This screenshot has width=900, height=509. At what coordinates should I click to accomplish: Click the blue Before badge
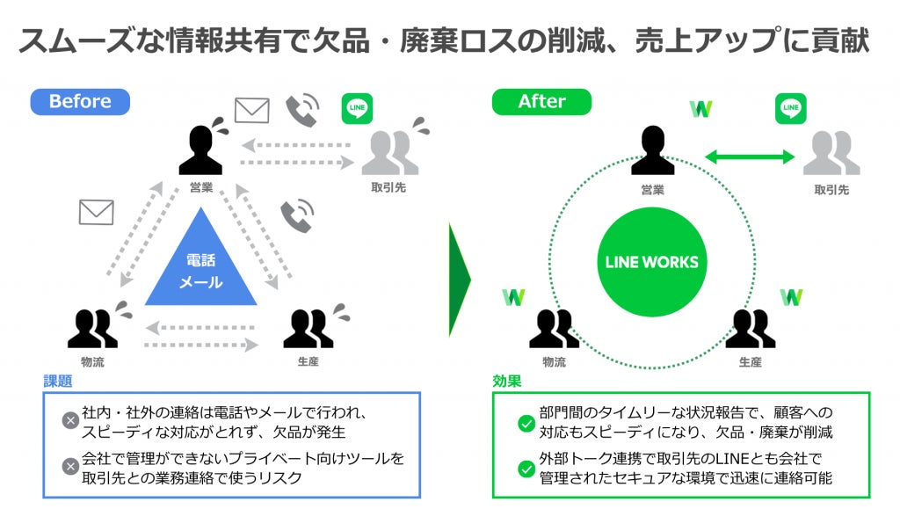click(x=80, y=101)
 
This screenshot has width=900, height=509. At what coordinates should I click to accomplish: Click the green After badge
click(x=541, y=101)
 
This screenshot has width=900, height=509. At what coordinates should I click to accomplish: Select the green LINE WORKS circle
click(x=652, y=262)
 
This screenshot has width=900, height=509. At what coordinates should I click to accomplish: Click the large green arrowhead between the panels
click(x=459, y=280)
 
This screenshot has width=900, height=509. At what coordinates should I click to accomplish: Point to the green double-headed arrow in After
click(x=750, y=157)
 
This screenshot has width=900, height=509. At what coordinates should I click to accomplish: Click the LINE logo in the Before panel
click(x=357, y=108)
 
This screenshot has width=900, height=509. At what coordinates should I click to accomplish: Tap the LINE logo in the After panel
click(x=790, y=108)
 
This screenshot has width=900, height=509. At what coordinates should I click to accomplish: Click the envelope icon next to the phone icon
click(x=251, y=110)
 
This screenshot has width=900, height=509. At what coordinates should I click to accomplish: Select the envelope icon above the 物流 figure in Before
click(x=97, y=212)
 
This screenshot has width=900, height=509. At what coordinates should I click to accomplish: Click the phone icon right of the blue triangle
click(x=297, y=216)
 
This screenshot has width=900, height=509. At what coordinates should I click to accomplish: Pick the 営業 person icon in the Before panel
click(x=201, y=150)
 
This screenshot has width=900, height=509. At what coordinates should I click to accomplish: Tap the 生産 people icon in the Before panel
click(x=308, y=328)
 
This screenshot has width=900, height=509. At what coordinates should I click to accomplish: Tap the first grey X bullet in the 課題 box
click(x=70, y=420)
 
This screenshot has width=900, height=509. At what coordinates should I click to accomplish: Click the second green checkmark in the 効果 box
click(x=526, y=469)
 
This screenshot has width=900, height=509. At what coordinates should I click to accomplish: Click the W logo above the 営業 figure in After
click(x=700, y=109)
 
